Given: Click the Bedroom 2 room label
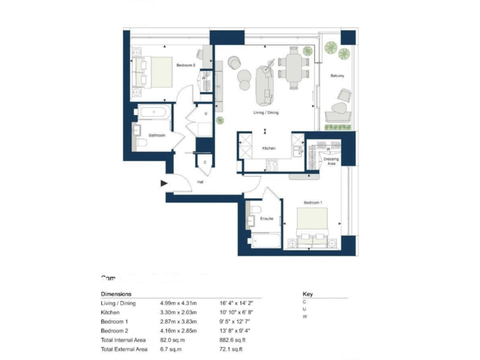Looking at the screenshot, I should [186, 66].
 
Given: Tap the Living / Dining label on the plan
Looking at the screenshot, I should [266, 112].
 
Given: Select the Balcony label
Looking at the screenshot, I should [337, 76].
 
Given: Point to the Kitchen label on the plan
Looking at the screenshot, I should [269, 148].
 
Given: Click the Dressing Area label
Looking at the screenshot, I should [331, 161].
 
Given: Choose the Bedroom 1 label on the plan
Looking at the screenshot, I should [312, 203].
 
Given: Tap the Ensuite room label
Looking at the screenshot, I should [267, 218].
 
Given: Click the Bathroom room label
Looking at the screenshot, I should [156, 135].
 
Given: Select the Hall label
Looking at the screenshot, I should [200, 182].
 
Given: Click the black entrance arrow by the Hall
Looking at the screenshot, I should [164, 183].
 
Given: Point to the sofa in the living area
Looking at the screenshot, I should [264, 86].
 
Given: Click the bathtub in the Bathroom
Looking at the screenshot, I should [152, 113].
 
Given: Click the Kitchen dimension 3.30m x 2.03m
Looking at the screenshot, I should [178, 312].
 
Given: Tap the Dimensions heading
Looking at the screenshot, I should [116, 293].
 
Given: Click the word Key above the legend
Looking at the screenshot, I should [307, 293].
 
